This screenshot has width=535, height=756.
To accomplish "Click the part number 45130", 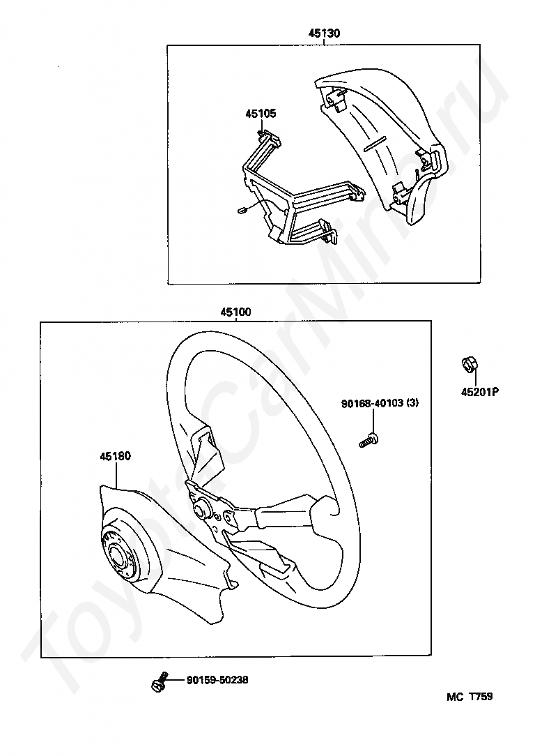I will (x=324, y=33).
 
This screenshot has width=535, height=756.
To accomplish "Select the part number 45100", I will (x=235, y=312).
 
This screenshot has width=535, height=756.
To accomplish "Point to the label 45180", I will (x=115, y=456).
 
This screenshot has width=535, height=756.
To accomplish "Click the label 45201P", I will (x=479, y=392).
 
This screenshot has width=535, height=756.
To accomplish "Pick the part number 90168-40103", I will (x=369, y=404).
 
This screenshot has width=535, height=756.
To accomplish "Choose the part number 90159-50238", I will (x=217, y=680).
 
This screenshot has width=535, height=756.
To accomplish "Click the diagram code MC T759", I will (x=470, y=696).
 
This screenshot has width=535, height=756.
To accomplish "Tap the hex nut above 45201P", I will (x=470, y=365).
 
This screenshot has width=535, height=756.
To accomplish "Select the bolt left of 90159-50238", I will (x=160, y=681).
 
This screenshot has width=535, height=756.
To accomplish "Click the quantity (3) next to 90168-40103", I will (x=413, y=404).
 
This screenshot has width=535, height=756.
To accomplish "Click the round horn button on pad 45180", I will (x=119, y=556).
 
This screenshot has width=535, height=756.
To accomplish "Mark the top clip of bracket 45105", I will (x=267, y=135).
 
